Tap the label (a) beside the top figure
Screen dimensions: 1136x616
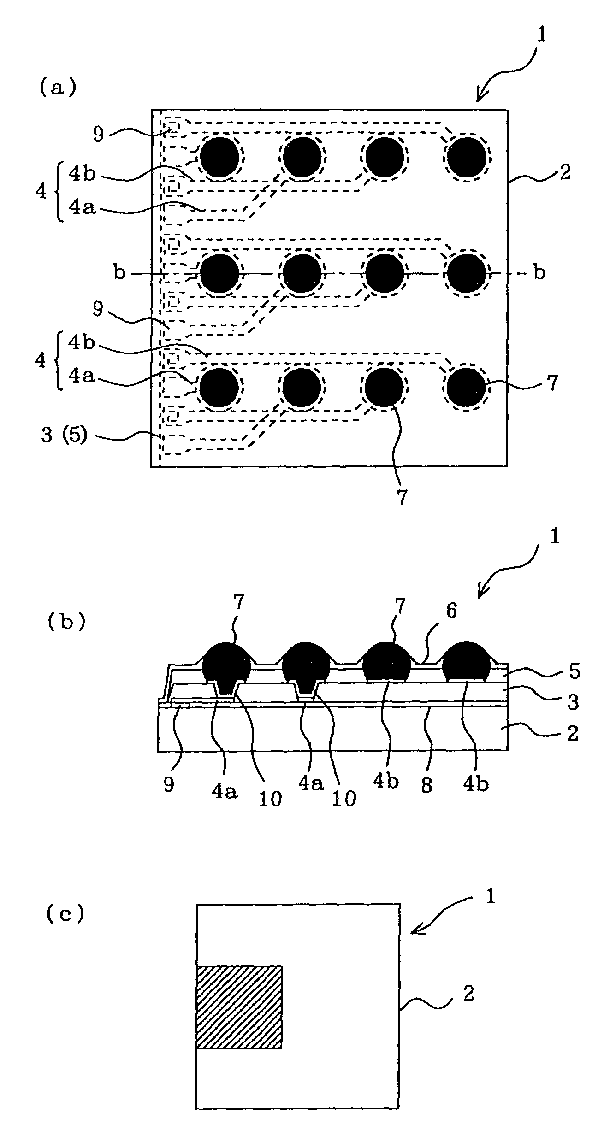[x=57, y=88]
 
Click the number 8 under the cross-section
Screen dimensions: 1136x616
[x=427, y=784]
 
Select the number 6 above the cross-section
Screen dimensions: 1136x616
[x=451, y=611]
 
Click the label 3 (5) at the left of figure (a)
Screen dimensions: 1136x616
[x=64, y=435]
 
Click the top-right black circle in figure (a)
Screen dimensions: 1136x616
[x=466, y=157]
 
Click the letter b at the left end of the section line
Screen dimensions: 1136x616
[x=119, y=273]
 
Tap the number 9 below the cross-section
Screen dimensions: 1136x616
[x=169, y=784]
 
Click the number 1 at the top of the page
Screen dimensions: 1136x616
[x=541, y=35]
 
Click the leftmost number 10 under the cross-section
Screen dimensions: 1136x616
[x=270, y=800]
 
